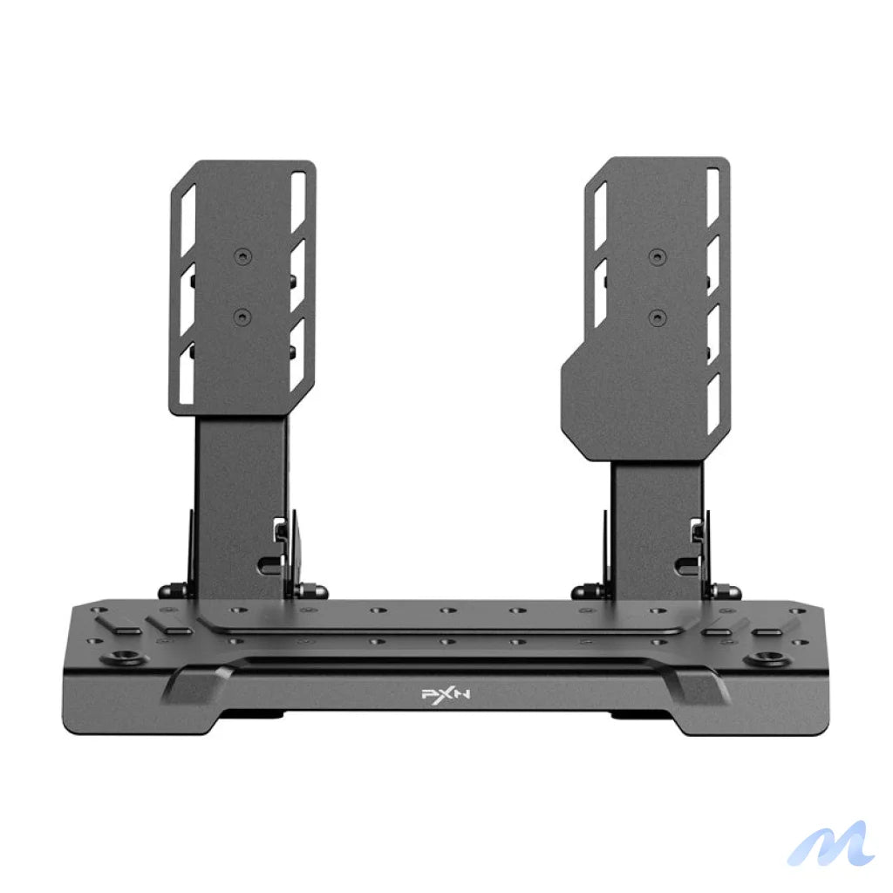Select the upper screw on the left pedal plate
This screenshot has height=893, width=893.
pos(242,257)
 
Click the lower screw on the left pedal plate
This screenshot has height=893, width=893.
pos(242,315)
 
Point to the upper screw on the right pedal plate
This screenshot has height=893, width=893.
pos(656,256)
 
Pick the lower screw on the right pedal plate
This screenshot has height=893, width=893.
pos(656,315)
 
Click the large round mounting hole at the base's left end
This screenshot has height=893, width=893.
pos(113,657)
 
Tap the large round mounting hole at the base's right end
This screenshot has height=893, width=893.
pos(769,657)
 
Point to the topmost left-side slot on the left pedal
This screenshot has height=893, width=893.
pos(187,208)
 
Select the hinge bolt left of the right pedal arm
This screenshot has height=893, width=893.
pos(584,592)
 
